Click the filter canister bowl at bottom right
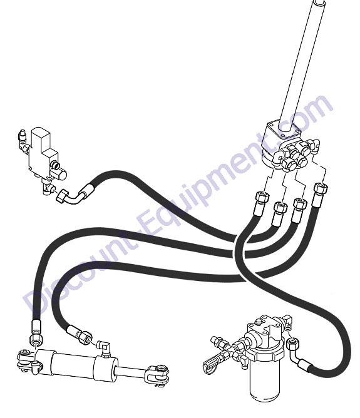pos(263,381)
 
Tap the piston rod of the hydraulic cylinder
pos(131,372)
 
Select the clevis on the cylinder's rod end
pos(158,374)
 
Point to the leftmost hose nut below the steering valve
pos(262,198)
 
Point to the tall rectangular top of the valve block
pos(40,142)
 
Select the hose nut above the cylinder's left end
pos(36,339)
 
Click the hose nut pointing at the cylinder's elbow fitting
pos(86,337)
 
